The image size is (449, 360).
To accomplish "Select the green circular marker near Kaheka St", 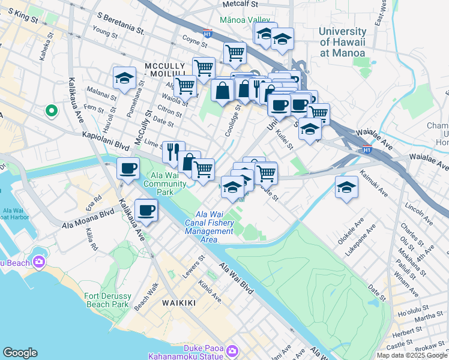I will tap(52, 110).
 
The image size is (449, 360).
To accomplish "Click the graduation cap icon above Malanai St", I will tap(124, 78).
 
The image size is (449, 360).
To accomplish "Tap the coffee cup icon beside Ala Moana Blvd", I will tap(146, 210).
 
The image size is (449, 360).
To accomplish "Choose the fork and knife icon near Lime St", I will tap(173, 151).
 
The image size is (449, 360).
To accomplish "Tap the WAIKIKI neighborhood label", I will tap(179, 303).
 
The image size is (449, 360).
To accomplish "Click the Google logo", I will tap(20, 353).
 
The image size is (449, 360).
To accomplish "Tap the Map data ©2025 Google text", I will tap(412, 355).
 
